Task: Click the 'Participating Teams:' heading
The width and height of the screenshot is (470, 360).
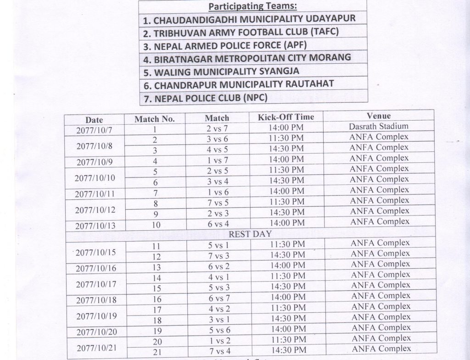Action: click(253, 6)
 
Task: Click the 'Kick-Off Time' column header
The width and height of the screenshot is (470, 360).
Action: click(285, 117)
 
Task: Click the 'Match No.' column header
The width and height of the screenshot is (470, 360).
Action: click(155, 119)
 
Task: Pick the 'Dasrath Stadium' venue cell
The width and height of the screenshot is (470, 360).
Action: click(379, 126)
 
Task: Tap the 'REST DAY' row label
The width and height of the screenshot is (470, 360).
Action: click(250, 234)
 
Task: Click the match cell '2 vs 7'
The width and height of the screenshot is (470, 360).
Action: click(217, 129)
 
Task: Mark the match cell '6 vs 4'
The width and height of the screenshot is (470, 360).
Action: click(217, 223)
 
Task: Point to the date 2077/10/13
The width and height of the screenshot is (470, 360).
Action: click(95, 226)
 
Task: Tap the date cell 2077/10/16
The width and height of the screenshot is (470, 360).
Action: click(96, 268)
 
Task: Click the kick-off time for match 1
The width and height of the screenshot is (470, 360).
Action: click(286, 128)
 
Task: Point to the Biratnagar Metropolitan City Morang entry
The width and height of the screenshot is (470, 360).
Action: click(252, 59)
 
